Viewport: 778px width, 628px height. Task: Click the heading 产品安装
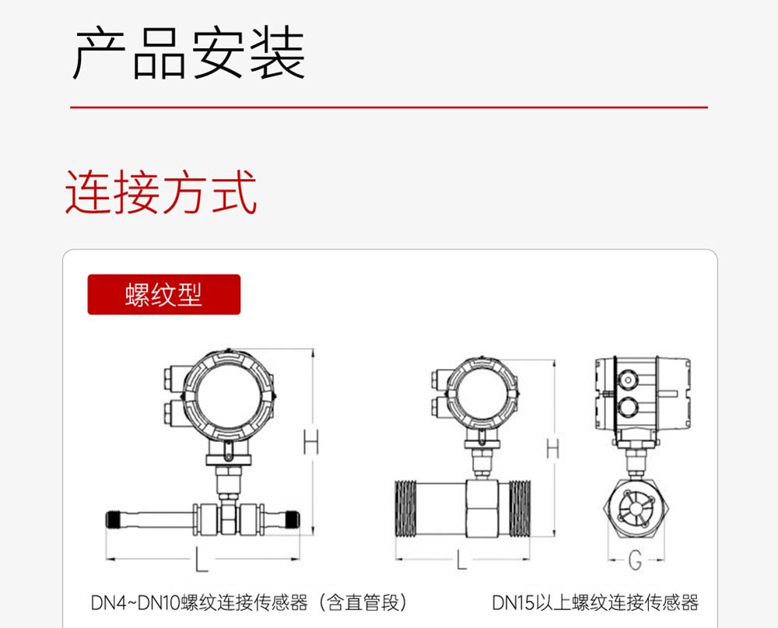(188, 53)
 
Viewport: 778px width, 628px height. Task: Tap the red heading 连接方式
(161, 192)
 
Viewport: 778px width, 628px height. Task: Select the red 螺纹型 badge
(163, 294)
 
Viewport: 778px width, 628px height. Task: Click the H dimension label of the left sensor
(311, 442)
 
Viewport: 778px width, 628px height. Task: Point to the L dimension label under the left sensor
(201, 559)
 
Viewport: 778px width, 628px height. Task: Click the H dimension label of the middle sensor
(552, 448)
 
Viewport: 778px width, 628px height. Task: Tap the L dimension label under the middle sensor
(461, 560)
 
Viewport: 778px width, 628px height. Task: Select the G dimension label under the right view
(635, 560)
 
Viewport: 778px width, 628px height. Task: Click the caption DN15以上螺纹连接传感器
(595, 602)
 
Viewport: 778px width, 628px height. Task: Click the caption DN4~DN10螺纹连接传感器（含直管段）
(249, 602)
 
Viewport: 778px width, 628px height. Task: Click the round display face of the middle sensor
(481, 395)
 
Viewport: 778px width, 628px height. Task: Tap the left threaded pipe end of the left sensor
(113, 520)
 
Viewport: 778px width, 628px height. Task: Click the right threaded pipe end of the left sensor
(293, 520)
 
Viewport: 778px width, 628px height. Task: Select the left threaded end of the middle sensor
(406, 509)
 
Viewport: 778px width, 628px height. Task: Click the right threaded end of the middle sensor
(520, 509)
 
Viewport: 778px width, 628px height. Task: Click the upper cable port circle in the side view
(628, 381)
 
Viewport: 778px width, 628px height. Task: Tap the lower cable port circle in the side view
(628, 407)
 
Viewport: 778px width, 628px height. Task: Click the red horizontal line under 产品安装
(389, 107)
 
